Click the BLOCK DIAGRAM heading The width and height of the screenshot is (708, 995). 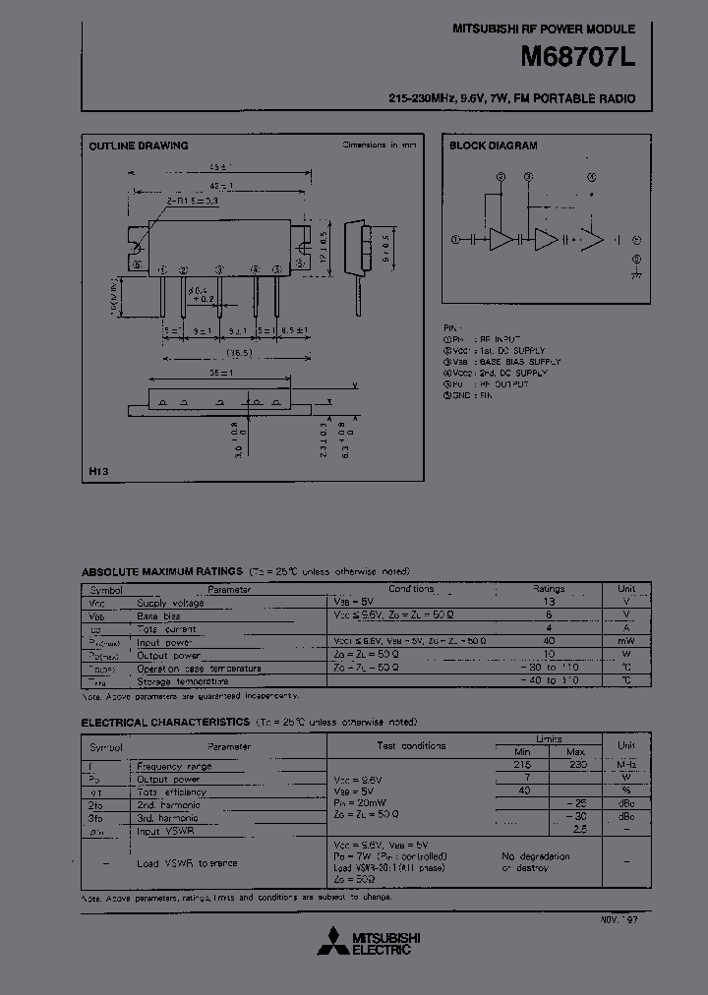493,146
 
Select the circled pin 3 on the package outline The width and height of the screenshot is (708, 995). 219,268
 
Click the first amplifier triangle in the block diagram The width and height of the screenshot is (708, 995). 501,239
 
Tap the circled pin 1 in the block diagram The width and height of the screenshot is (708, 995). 455,239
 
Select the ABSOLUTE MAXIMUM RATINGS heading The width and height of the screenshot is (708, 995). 161,571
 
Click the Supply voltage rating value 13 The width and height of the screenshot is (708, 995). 549,602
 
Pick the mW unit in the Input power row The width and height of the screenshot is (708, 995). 626,641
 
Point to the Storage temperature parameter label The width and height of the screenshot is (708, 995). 183,680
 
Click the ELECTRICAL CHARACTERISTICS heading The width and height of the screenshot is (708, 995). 165,722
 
